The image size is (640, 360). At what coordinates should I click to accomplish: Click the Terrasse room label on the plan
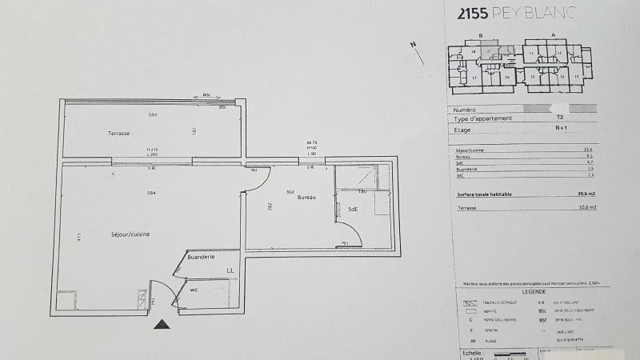point(119,133)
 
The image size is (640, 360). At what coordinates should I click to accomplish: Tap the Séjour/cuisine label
point(130,234)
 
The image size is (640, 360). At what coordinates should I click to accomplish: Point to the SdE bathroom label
point(352,210)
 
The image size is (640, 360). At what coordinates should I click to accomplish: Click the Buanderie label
point(200,258)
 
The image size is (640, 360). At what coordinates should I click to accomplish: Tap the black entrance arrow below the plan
point(162,324)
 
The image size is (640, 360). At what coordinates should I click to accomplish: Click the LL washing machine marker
point(230,271)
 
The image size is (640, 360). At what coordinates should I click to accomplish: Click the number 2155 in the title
point(472,14)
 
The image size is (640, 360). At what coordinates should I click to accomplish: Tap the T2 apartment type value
point(559,118)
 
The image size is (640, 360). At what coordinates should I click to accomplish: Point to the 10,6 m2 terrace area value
point(586,207)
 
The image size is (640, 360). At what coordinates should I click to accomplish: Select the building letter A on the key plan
point(553,36)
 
